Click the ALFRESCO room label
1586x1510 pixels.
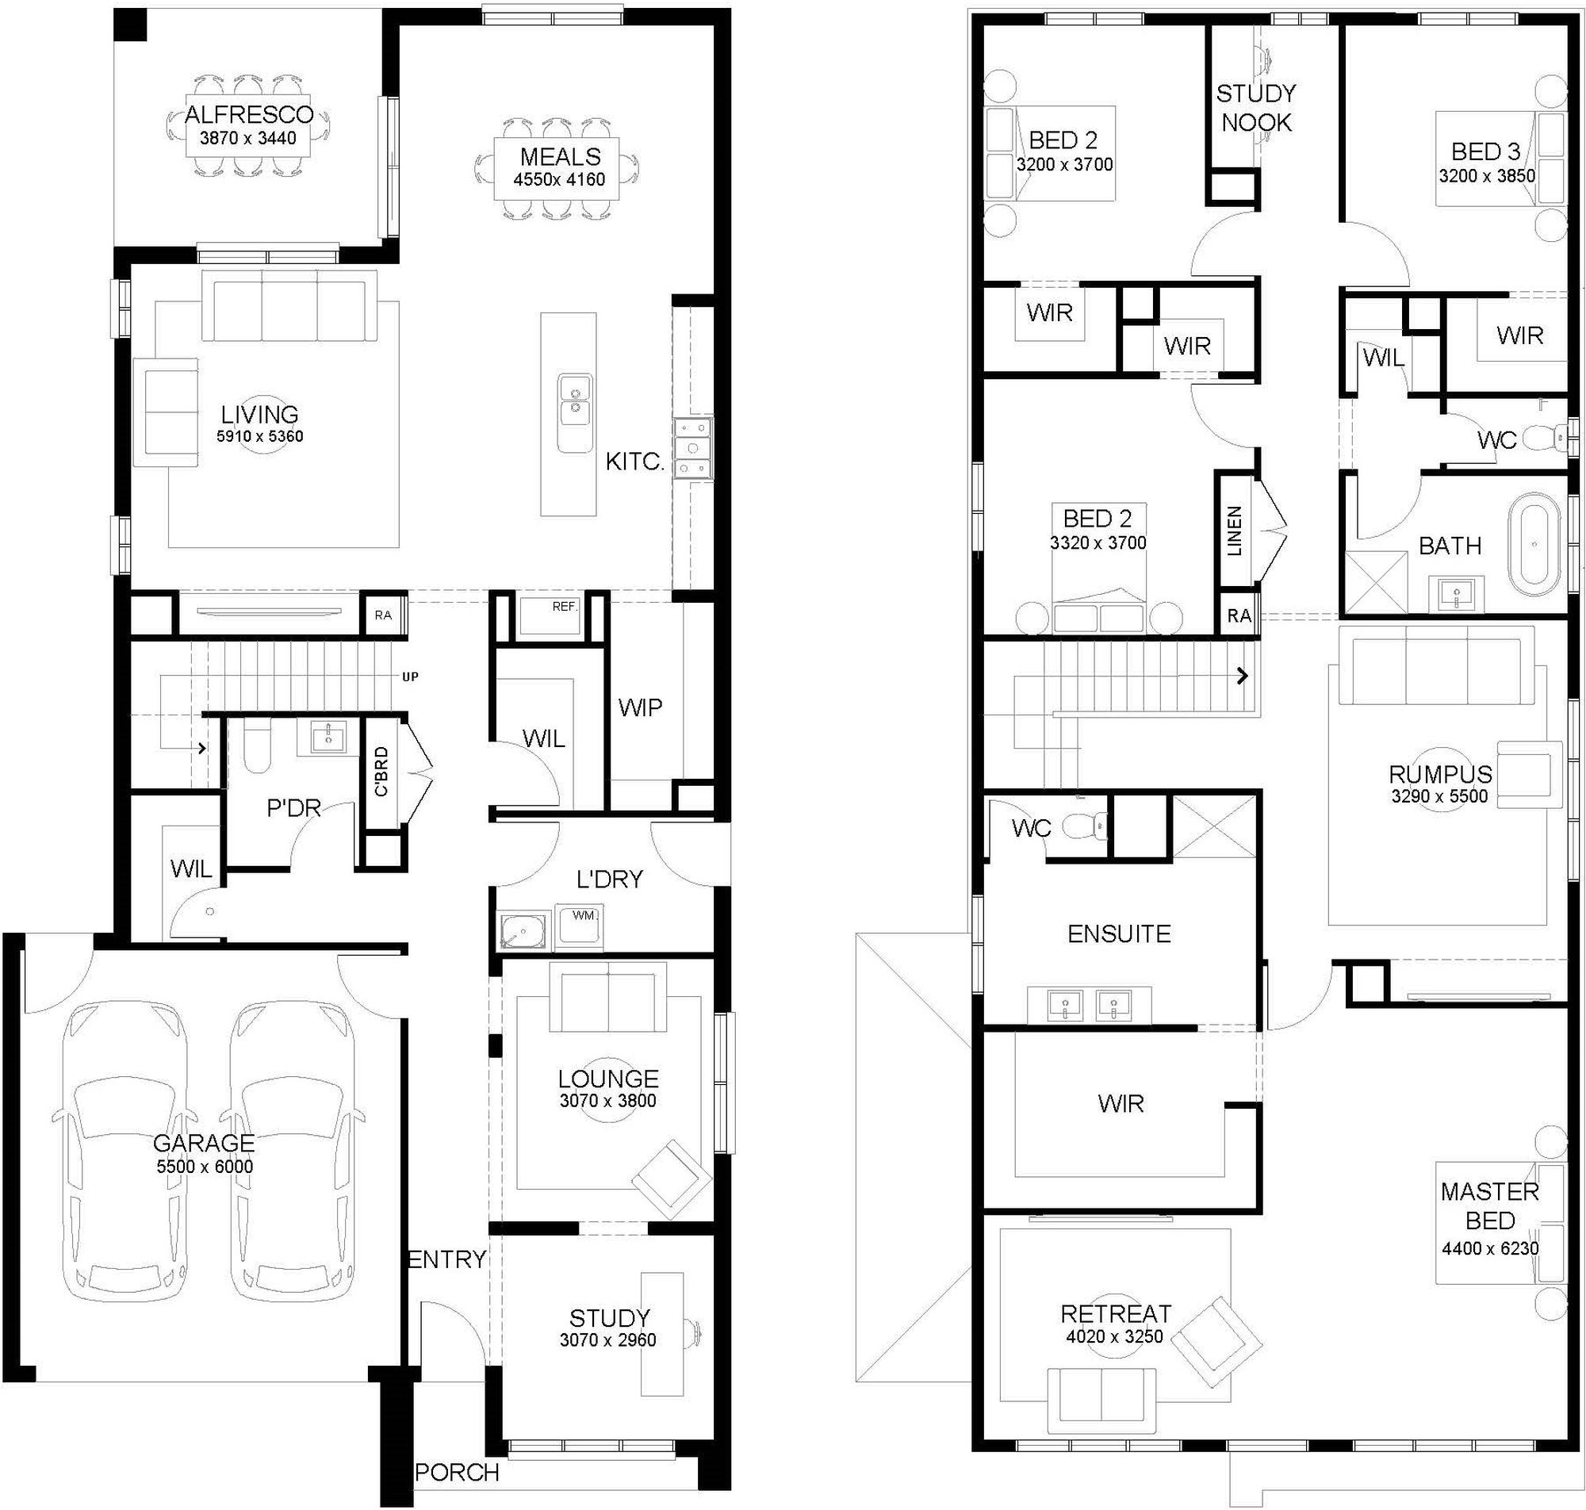[x=249, y=114]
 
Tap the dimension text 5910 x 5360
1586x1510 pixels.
[x=260, y=436]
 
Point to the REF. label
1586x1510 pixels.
[x=565, y=606]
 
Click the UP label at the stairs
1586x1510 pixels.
[x=411, y=677]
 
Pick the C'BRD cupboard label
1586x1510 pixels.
[x=381, y=771]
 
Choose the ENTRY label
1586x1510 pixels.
[x=447, y=1259]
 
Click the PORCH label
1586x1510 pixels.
[x=457, y=1472]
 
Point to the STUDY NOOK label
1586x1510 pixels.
[x=1256, y=109]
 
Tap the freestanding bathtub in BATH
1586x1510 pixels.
[x=1534, y=545]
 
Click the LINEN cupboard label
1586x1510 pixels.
[x=1235, y=531]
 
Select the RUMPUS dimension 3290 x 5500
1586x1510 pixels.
[x=1439, y=796]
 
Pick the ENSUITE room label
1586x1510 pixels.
[x=1119, y=933]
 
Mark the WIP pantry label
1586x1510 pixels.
[x=641, y=707]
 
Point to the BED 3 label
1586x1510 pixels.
[x=1486, y=151]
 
